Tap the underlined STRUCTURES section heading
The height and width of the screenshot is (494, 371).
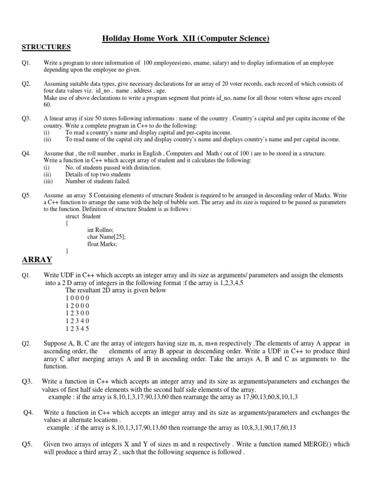(46, 47)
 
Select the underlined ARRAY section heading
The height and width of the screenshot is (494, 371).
(37, 260)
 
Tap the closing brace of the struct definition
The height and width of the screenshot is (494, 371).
(67, 251)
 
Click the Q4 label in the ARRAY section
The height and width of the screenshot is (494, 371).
(30, 413)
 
